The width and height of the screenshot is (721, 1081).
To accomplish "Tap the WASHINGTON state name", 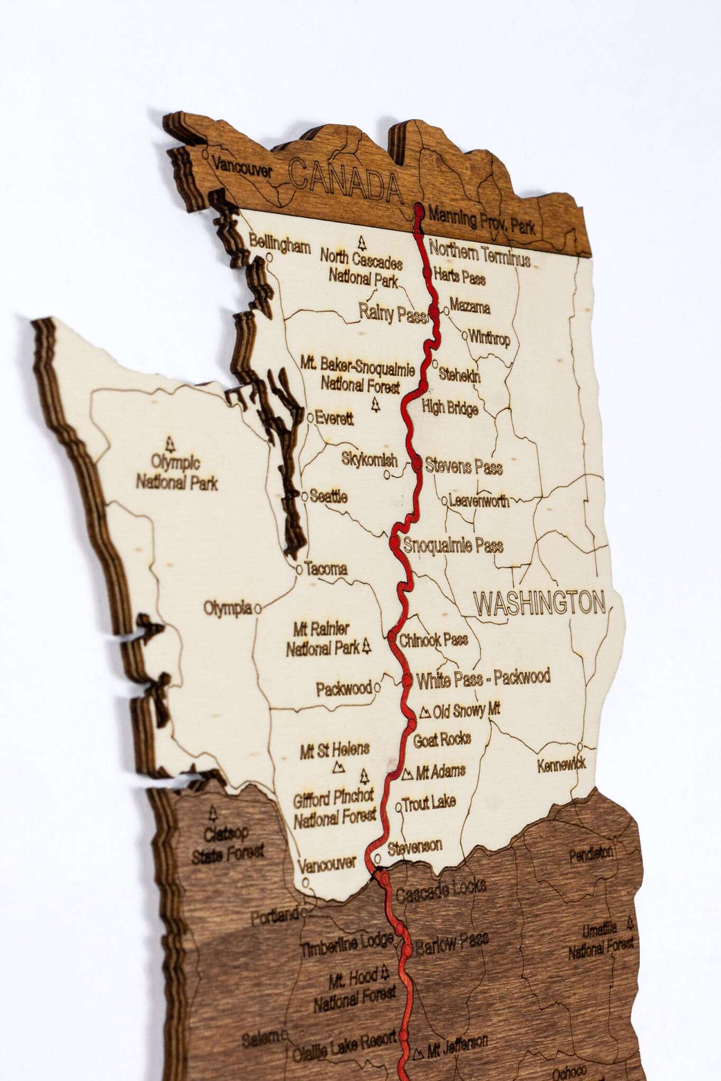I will click(x=539, y=603).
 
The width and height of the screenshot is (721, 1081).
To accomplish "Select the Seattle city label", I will click(x=329, y=497).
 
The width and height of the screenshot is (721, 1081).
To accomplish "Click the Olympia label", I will click(x=228, y=608).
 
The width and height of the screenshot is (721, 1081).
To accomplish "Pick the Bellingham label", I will click(x=280, y=245).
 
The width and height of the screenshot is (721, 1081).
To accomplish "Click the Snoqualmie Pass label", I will click(x=453, y=545).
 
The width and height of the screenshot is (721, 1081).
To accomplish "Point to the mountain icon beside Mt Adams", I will click(x=407, y=774).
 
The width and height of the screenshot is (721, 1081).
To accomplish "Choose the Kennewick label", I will click(x=561, y=765).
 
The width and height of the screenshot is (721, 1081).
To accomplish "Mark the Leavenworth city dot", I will click(x=444, y=499).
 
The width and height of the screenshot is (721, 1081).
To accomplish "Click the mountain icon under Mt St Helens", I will click(x=339, y=767).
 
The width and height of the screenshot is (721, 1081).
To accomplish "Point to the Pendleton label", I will click(x=591, y=854).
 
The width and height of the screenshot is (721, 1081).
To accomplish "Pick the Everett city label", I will click(x=334, y=419).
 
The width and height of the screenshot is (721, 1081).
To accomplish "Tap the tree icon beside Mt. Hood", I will click(x=385, y=970).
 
